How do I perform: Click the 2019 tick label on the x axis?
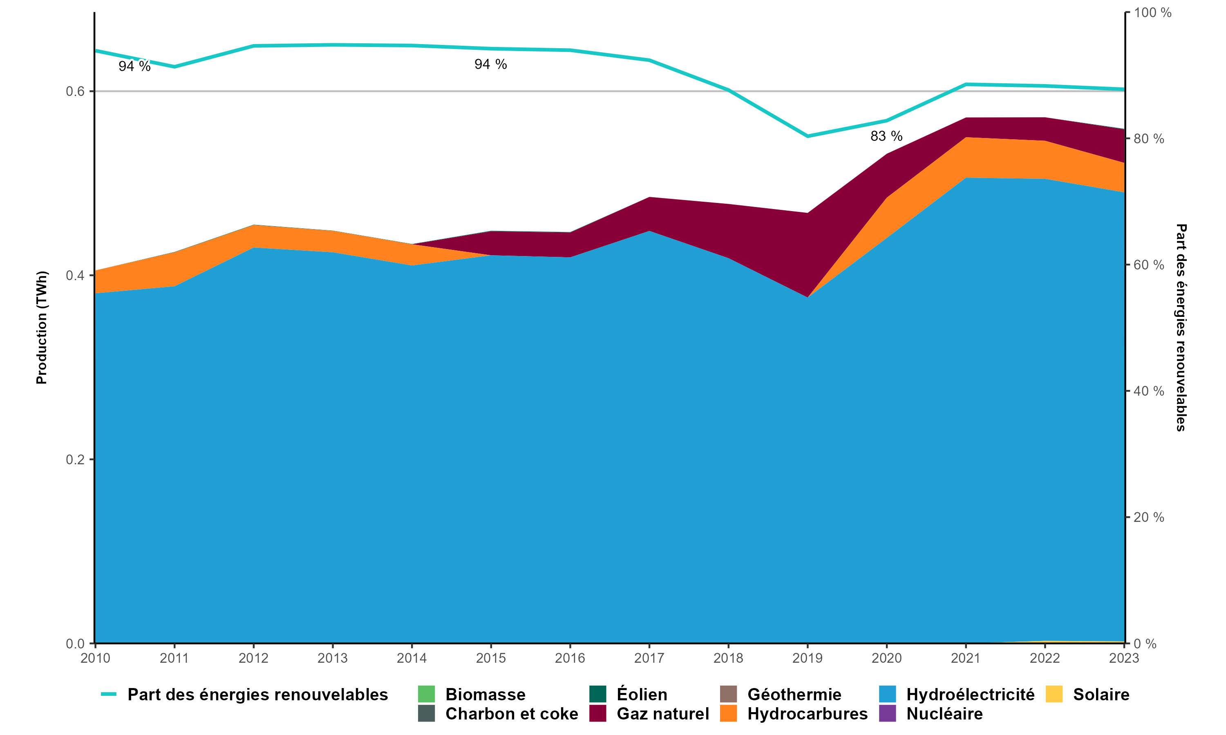point(807,658)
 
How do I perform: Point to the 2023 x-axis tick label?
point(1123,658)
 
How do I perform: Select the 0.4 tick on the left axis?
point(75,275)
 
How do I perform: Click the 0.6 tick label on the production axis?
point(75,91)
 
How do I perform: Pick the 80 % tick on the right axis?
point(1149,139)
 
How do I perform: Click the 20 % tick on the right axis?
point(1149,517)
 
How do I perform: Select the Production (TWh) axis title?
point(42,327)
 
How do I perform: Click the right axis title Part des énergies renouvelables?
point(1181,327)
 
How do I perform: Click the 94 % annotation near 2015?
point(490,65)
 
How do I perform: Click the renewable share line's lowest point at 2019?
point(807,136)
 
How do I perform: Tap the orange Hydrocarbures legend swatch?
point(728,714)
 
